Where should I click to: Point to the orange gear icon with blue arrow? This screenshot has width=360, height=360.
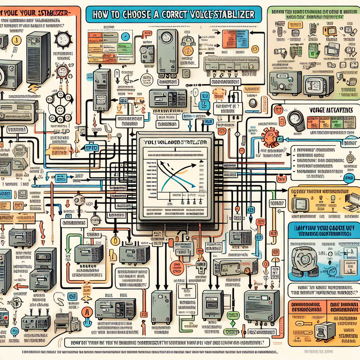270,137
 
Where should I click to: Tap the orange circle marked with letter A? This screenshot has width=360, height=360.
86,312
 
